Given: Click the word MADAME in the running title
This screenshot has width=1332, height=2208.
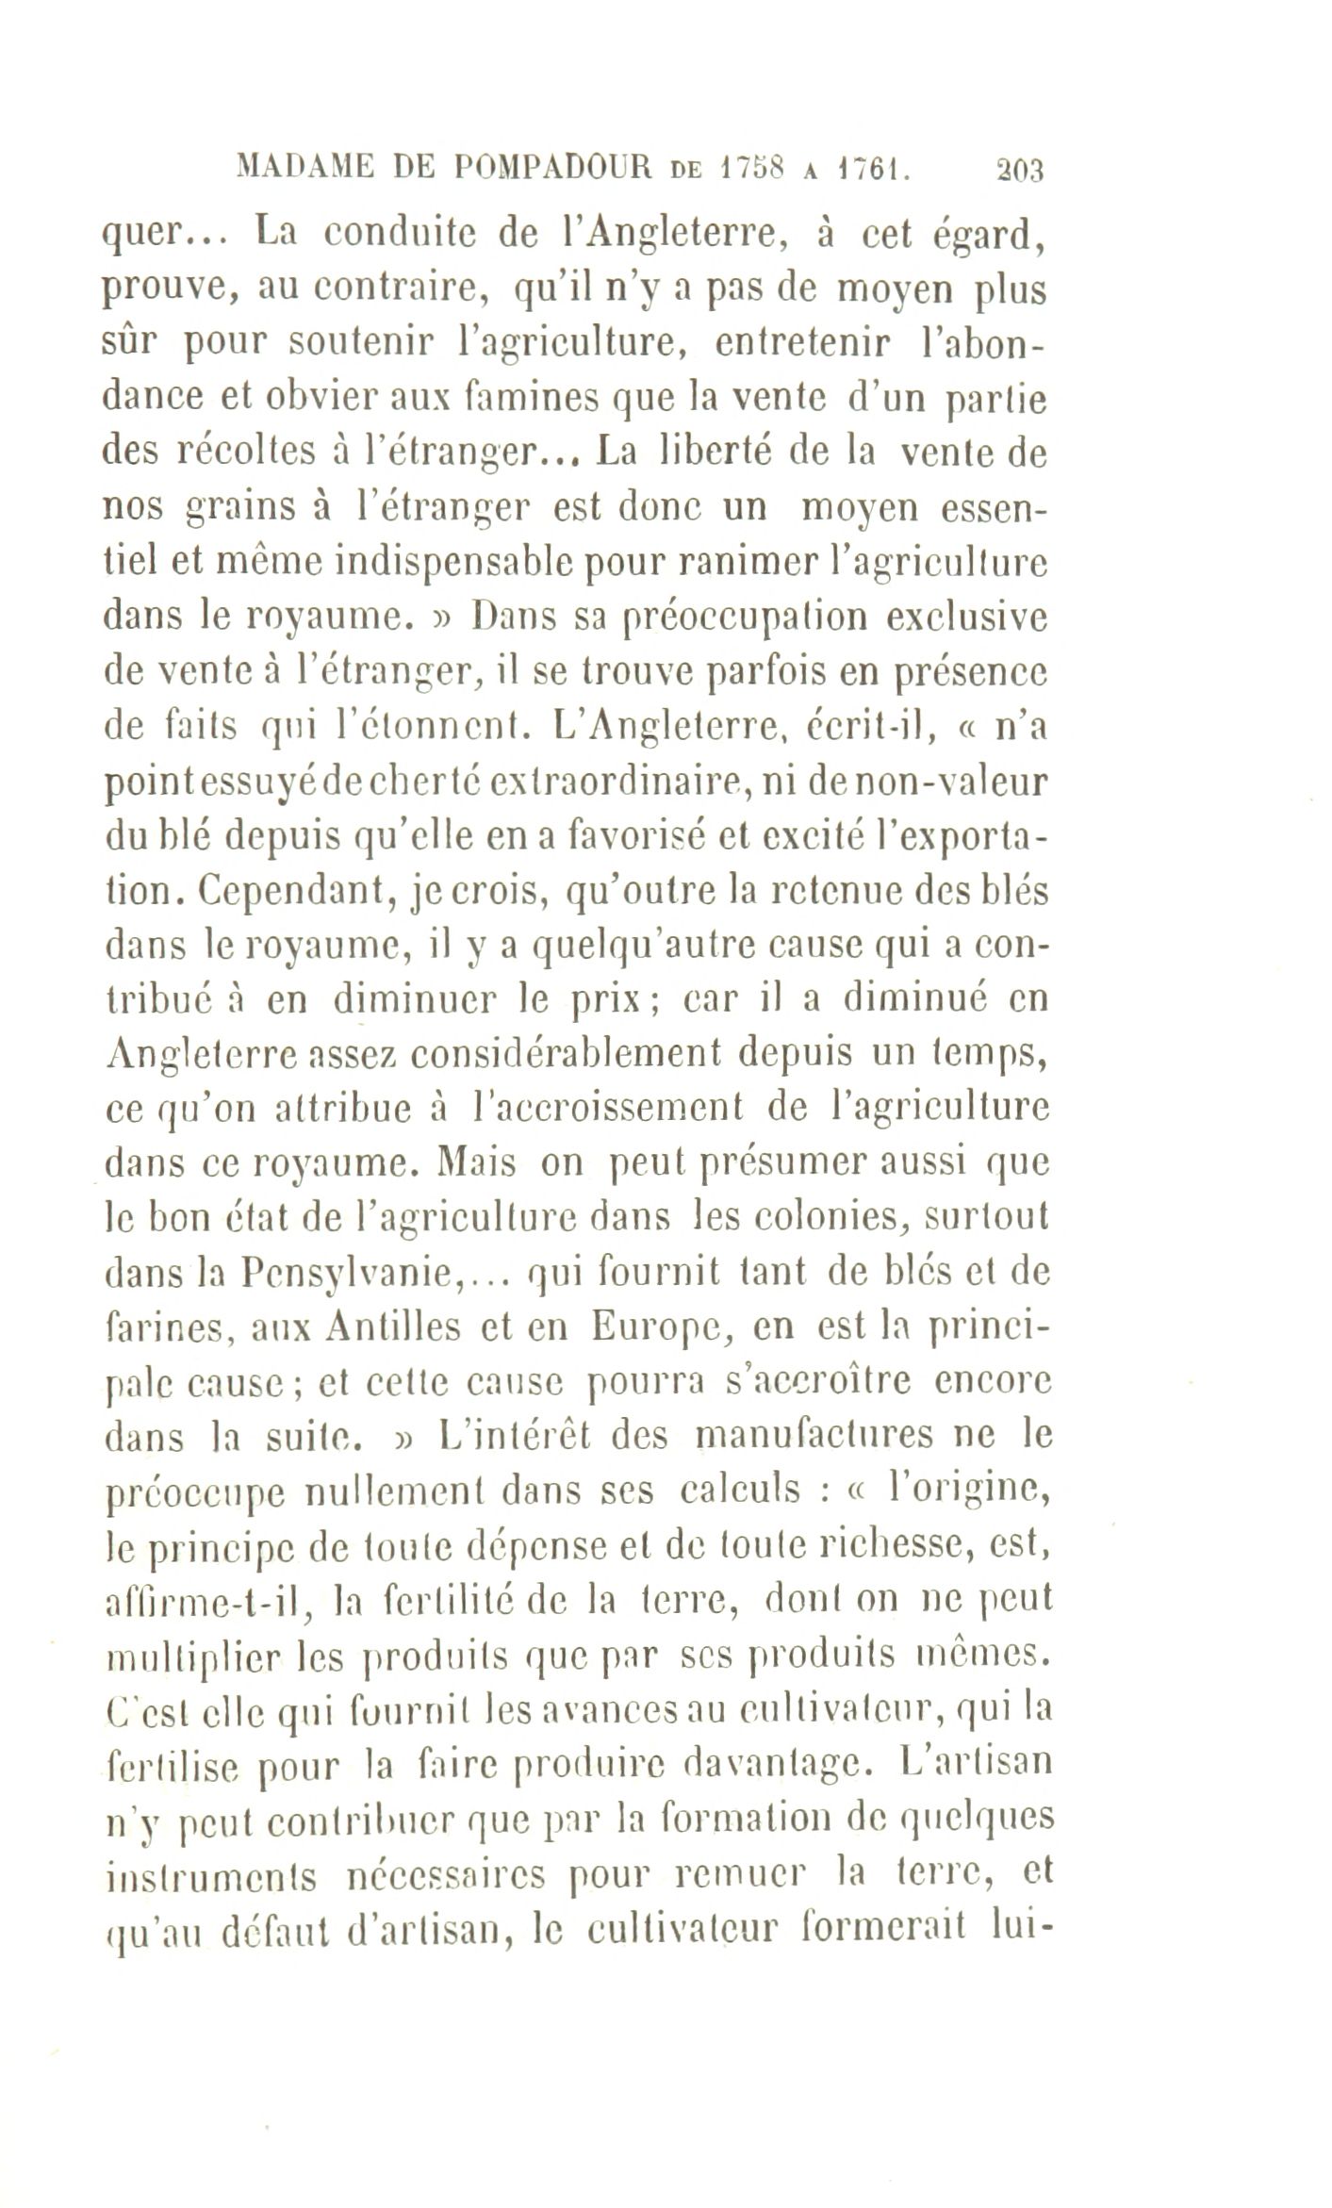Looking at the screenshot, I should tap(299, 169).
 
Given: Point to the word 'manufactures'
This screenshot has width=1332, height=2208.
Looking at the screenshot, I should tap(804, 1437).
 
